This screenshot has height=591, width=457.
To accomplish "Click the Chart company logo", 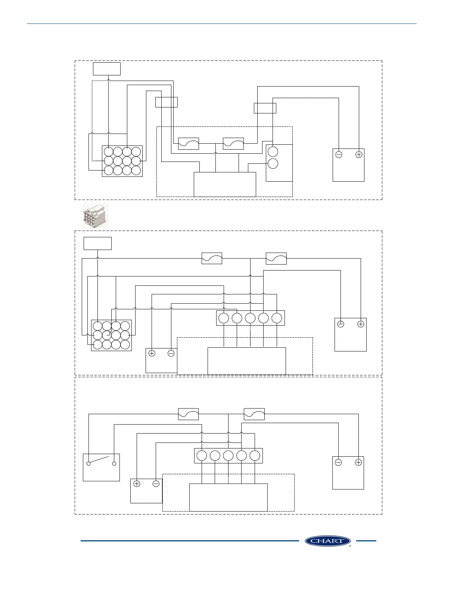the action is click(327, 541).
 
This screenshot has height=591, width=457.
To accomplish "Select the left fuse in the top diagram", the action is click(189, 144).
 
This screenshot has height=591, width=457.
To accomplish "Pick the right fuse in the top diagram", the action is click(233, 144).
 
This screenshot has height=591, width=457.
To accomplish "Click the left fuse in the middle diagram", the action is click(212, 258).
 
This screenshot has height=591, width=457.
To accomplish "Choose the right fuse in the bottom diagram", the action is click(254, 414).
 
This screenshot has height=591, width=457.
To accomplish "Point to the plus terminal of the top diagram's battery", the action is click(359, 154).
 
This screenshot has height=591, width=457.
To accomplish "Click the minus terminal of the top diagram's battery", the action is click(339, 154).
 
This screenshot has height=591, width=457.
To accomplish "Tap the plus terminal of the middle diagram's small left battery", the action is click(152, 353).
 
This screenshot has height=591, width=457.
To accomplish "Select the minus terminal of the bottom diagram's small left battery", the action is click(156, 484).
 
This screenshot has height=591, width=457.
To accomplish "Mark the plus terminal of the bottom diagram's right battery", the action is click(358, 463).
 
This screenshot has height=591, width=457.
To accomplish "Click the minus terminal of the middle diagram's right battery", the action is click(341, 324).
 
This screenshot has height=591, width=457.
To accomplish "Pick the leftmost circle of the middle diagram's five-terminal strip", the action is click(224, 318).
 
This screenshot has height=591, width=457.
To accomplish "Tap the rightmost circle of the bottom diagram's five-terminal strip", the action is click(255, 456).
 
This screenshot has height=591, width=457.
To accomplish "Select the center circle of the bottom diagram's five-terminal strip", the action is click(228, 456).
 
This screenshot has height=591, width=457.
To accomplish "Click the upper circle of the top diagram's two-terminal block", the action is click(273, 151).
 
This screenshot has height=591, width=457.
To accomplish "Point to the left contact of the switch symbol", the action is click(88, 464).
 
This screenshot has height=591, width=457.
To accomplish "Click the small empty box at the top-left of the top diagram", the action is click(107, 69).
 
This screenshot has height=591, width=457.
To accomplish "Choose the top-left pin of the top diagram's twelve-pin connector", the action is click(108, 151).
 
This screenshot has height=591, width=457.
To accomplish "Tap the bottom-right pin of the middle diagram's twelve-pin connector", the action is click(125, 344).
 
